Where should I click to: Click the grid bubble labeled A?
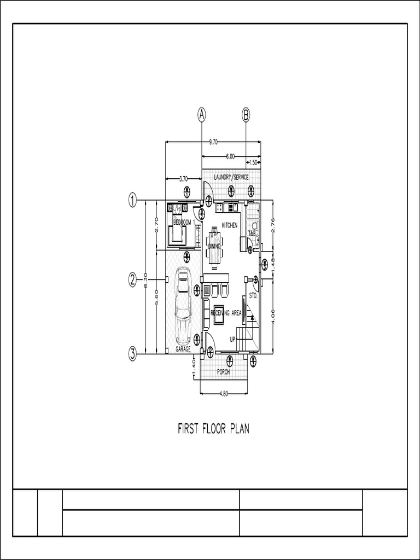point(202,115)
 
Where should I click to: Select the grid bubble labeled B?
point(246,115)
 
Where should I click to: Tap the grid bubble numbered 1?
point(132,200)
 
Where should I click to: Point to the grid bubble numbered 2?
point(132,279)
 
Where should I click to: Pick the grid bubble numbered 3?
point(132,354)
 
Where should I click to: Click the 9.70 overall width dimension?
point(213,142)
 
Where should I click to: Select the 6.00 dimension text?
point(230,156)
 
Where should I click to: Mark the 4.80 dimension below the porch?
point(224,393)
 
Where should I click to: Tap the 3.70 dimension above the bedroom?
point(183,178)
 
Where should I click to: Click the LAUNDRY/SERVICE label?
point(231,177)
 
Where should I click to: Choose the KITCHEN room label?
point(230,225)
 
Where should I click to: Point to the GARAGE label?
point(183,348)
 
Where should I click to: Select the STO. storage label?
point(253,295)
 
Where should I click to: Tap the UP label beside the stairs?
point(232,339)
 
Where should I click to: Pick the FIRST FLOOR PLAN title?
point(213,428)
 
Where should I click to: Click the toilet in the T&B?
point(254,225)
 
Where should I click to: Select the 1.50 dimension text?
point(253,162)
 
